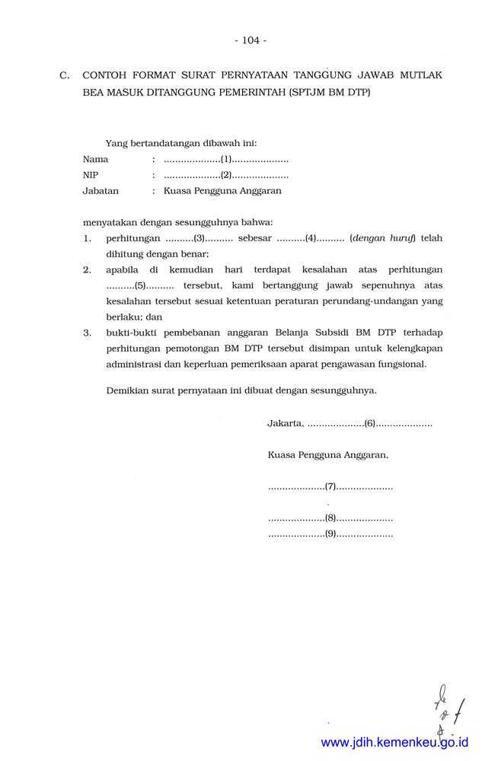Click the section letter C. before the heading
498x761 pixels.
65,75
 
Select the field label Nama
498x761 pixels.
95,160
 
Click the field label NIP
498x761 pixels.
91,175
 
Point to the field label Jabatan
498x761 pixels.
101,191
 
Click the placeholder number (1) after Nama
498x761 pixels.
226,160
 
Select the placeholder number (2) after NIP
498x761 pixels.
226,175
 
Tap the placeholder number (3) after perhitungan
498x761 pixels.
200,238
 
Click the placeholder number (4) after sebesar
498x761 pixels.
311,238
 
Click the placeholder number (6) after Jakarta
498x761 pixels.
370,423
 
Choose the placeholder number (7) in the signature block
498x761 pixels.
330,486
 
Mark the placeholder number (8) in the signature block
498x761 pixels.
330,518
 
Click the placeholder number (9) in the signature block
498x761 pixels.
330,534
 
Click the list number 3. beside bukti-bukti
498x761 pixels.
88,333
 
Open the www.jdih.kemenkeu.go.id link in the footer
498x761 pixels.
394,742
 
